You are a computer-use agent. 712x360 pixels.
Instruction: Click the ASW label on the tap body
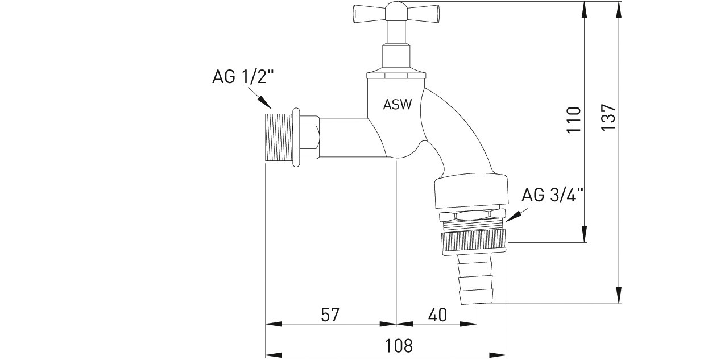(x=398, y=105)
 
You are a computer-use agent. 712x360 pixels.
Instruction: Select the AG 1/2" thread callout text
(x=243, y=77)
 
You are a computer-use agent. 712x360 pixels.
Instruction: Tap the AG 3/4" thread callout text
(x=553, y=195)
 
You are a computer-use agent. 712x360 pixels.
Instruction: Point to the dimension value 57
(x=330, y=315)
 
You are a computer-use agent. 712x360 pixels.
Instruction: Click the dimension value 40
(x=437, y=315)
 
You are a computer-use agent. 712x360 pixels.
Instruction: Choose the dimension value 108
(x=399, y=346)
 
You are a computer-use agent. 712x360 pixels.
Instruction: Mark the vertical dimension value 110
(x=574, y=120)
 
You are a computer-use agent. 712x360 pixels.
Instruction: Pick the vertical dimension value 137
(x=608, y=117)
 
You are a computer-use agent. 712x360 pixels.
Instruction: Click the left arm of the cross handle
(x=369, y=14)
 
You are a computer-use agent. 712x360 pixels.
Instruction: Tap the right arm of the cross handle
(x=423, y=14)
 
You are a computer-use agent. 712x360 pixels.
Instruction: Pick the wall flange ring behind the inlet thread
(x=296, y=137)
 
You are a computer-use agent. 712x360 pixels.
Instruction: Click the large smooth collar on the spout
(x=471, y=191)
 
